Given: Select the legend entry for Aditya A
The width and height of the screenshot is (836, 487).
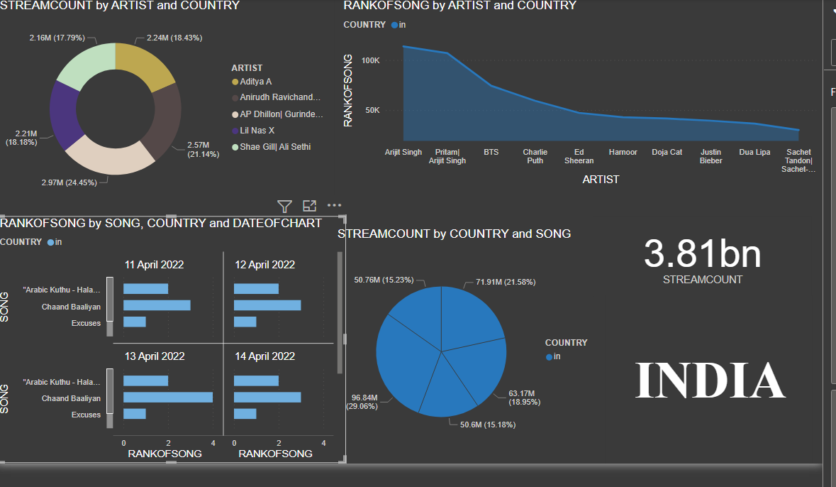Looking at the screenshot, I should (x=255, y=82).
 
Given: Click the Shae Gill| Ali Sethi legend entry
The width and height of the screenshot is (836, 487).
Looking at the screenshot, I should (x=274, y=147).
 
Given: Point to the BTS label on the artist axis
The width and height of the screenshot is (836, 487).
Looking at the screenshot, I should (x=491, y=152).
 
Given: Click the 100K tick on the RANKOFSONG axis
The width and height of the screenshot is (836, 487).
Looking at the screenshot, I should (x=371, y=60).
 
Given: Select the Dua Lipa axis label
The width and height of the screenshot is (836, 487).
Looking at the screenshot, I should (x=754, y=152).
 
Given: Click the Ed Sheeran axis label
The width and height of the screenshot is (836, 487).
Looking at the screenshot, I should (x=579, y=156).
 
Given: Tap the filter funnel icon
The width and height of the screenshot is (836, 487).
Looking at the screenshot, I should (x=284, y=207).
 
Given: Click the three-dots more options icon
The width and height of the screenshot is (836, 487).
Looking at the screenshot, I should (x=334, y=206).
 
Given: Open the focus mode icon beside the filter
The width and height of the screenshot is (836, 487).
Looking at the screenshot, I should (x=309, y=207).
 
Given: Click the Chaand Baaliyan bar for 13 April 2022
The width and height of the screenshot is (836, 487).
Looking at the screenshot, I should (x=167, y=398).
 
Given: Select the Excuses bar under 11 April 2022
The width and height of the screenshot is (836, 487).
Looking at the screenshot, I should (x=135, y=322).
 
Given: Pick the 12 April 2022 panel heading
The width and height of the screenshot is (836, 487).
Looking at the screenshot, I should (x=264, y=265).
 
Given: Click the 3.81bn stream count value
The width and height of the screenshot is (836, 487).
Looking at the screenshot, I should (x=702, y=254).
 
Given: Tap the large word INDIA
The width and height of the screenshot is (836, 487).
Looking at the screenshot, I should (x=709, y=381).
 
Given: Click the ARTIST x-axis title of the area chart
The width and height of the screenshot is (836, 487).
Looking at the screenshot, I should (x=601, y=180).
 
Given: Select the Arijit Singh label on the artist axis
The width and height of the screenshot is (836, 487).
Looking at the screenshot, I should (x=403, y=152).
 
